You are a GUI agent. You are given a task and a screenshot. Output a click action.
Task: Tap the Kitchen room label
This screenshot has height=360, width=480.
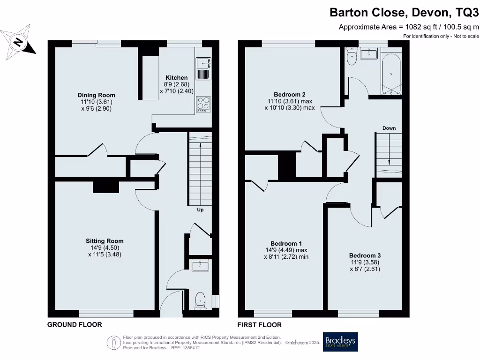point(176,78)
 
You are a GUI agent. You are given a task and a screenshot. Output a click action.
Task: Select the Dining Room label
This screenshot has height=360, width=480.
point(96,95)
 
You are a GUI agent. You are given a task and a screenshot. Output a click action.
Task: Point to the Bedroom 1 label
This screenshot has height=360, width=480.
point(286,243)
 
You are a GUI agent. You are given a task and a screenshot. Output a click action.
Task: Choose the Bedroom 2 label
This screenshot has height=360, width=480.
point(289,94)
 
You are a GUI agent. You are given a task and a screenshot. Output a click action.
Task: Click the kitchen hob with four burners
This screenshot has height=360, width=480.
point(203,103)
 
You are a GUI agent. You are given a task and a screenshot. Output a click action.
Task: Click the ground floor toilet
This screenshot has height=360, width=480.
point(201,299)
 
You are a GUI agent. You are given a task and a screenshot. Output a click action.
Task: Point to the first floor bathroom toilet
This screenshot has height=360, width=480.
point(352,57)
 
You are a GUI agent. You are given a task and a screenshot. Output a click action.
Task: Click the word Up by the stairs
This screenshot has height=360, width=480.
point(200,210)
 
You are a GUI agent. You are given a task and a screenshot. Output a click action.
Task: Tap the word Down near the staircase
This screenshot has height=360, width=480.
point(389,128)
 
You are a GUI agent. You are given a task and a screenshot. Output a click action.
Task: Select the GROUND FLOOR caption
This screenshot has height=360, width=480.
point(75,324)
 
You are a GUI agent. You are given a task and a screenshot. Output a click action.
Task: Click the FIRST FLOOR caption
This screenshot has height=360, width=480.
point(260,324)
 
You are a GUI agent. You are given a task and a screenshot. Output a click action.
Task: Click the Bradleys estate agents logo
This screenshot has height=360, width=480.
point(340,342)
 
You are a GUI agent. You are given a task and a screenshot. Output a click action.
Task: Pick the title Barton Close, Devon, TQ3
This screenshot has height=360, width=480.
point(404,12)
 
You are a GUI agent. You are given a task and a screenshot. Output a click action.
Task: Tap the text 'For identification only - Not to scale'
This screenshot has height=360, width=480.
point(441,36)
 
